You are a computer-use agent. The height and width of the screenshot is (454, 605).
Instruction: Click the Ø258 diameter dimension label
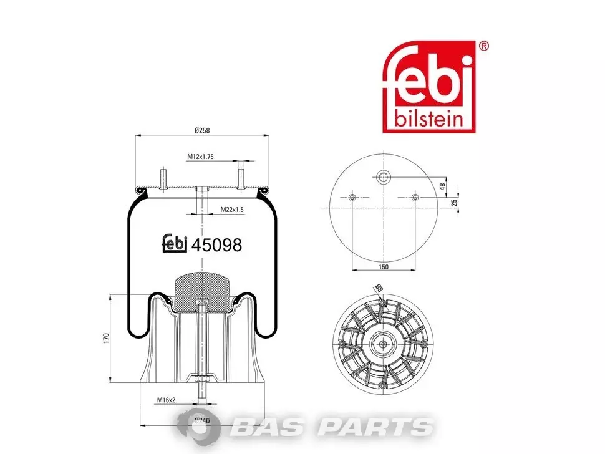[x=202, y=130]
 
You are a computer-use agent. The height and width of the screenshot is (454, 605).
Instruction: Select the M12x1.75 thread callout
[x=201, y=157]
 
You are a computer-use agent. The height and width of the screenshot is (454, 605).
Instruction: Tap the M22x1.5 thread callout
[x=232, y=210]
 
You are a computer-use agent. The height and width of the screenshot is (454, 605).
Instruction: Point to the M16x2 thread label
[x=167, y=400]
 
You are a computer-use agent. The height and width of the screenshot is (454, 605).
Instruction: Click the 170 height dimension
[x=107, y=338]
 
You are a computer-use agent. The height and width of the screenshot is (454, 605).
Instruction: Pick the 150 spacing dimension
[x=384, y=267]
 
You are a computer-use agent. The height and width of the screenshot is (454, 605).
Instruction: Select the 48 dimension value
[x=443, y=186]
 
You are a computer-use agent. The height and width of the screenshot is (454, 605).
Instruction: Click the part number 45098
[x=217, y=245]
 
